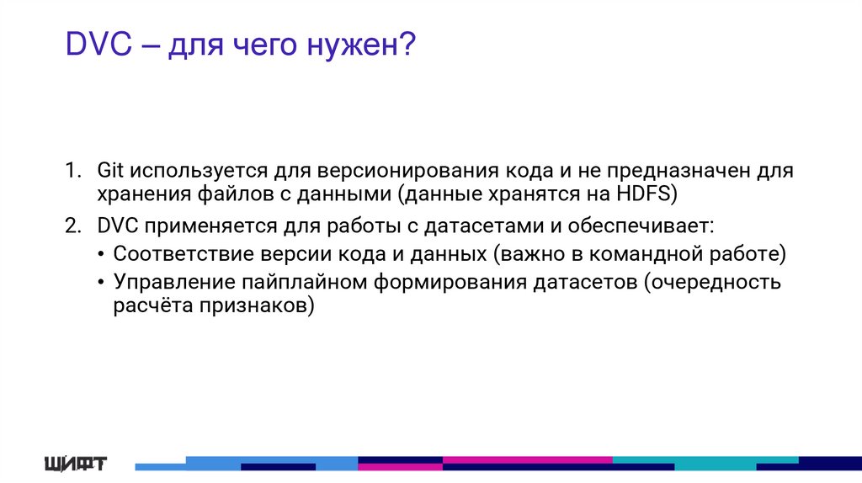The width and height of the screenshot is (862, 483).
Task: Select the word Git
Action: pos(110,171)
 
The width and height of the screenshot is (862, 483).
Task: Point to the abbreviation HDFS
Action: pos(644,195)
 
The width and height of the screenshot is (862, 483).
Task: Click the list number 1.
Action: pos(73,171)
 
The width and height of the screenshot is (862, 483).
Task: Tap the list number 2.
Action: pos(74,226)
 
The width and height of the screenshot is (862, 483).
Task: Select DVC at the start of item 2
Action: pos(116,226)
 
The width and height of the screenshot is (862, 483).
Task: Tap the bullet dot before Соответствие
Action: pos(101,254)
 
